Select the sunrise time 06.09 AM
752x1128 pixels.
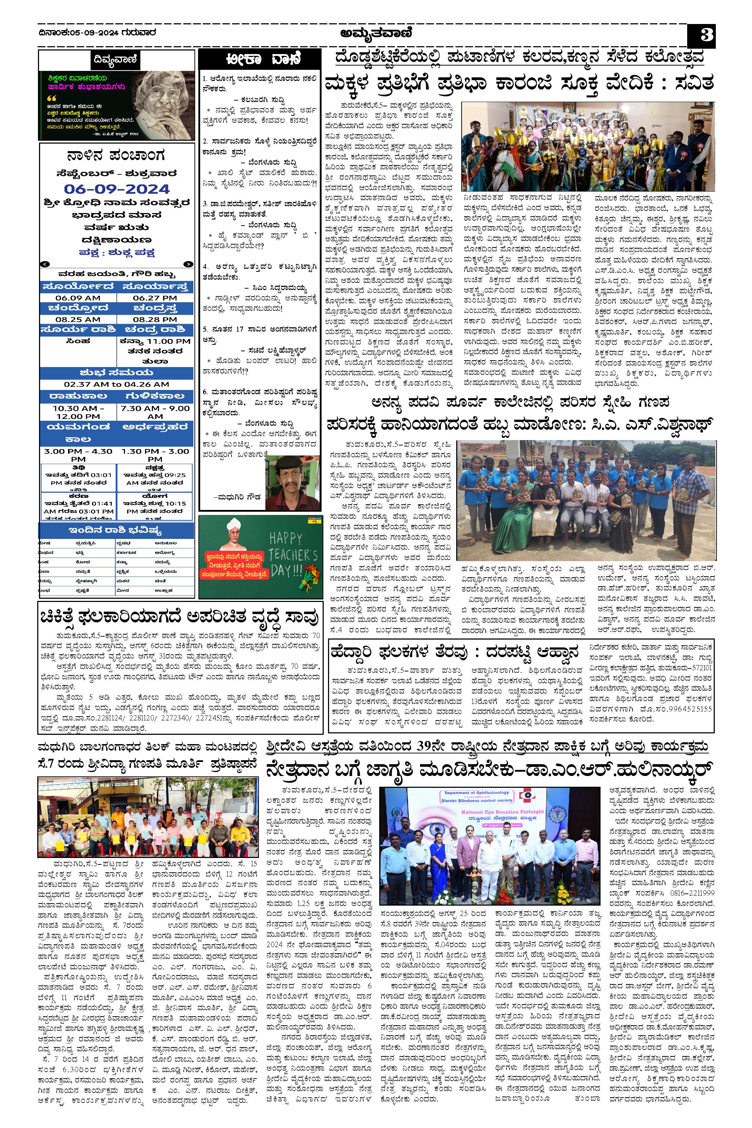[x=78, y=298]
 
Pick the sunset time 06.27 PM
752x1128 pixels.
[x=155, y=298]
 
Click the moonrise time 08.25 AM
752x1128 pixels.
[x=78, y=319]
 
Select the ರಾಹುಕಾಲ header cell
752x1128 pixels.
[x=78, y=396]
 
